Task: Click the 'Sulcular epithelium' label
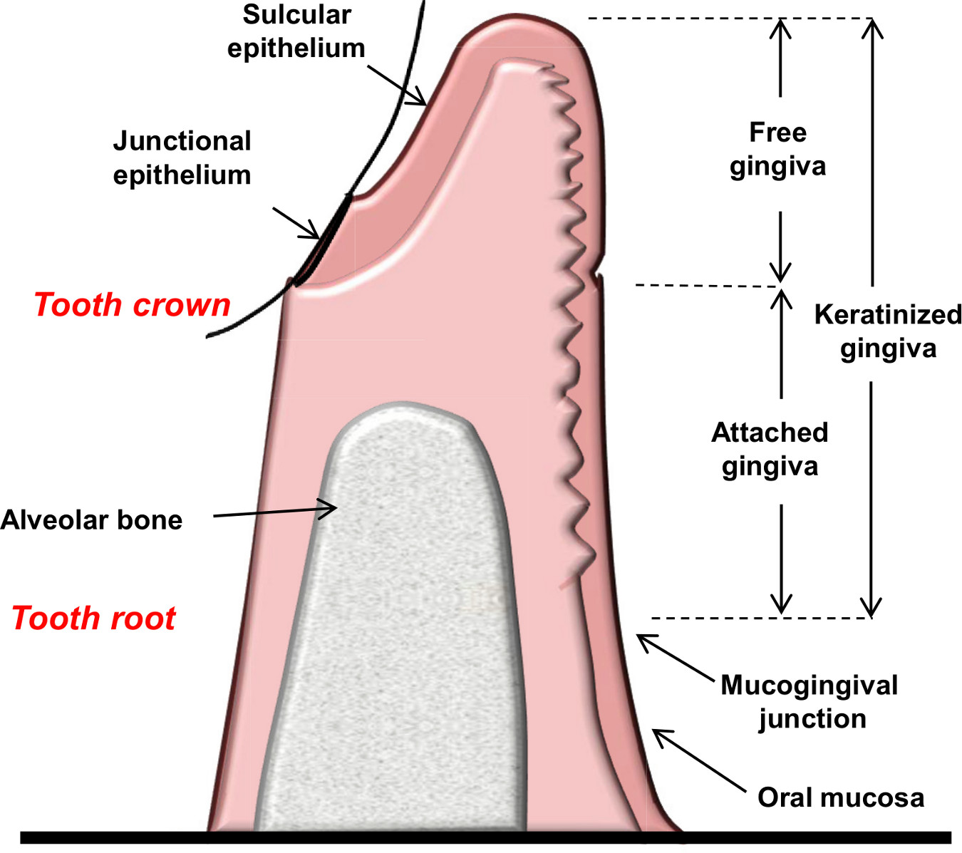(296, 31)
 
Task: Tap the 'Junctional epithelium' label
(182, 157)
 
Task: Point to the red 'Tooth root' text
(94, 618)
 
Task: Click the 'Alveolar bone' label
(91, 520)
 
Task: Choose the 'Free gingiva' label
(777, 149)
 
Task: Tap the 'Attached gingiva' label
(770, 449)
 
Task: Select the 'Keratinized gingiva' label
(888, 331)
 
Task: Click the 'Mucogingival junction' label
(809, 702)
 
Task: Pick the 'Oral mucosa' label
(841, 797)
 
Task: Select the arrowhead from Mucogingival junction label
(645, 641)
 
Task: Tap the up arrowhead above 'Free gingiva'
(780, 29)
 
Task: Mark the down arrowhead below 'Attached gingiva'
(781, 603)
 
